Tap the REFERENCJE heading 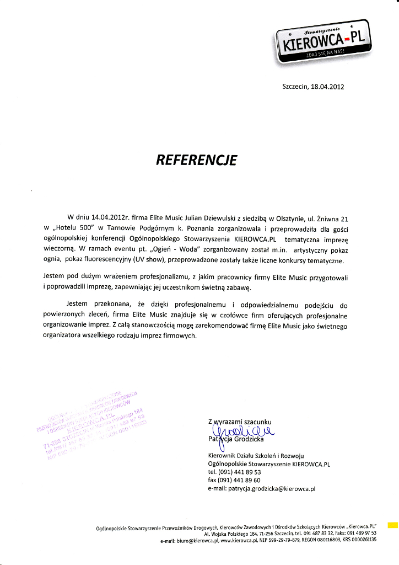[197, 160]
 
